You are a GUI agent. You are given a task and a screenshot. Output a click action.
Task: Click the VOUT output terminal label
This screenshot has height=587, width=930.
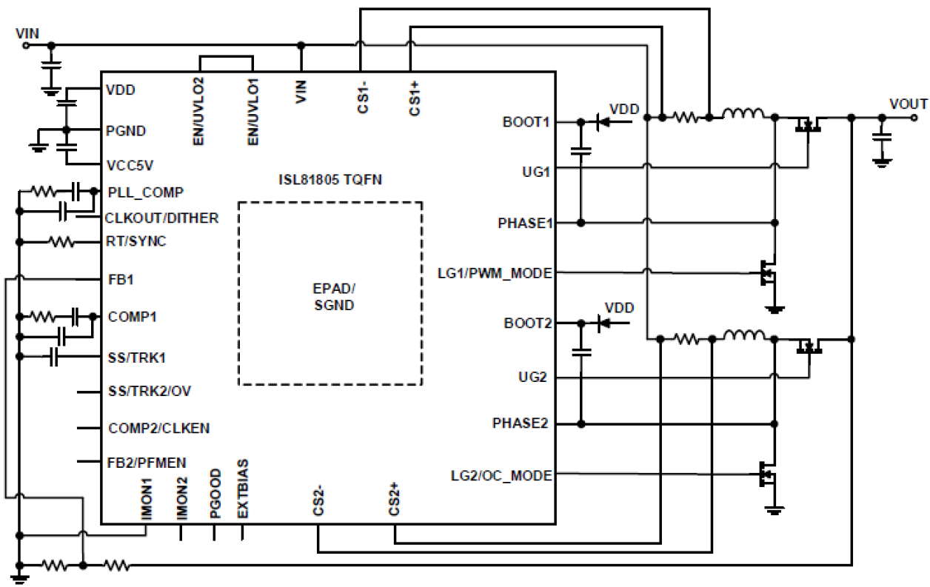908,104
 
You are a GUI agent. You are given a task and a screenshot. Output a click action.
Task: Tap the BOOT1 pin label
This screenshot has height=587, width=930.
527,121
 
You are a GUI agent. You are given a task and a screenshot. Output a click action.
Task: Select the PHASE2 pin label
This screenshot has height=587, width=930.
522,423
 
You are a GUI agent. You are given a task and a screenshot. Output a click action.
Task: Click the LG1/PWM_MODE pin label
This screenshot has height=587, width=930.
495,273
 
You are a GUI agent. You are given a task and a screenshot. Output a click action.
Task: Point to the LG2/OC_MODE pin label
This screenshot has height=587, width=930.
501,474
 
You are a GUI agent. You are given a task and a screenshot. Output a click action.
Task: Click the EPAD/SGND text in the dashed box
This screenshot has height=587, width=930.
329,295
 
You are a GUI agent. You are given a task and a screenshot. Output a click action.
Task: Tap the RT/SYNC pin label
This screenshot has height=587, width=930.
137,241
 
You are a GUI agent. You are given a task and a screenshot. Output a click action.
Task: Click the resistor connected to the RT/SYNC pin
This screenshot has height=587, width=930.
60,241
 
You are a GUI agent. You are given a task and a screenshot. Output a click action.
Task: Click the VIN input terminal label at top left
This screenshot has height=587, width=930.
27,33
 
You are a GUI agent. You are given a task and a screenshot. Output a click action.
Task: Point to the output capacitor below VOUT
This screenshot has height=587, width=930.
881,136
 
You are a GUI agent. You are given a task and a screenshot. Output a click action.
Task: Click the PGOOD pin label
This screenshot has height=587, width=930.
215,493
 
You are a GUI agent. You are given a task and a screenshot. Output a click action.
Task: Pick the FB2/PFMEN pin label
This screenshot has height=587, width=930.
147,462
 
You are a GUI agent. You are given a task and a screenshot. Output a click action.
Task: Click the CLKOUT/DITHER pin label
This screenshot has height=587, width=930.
162,218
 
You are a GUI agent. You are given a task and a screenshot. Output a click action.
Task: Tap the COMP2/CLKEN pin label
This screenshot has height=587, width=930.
158,428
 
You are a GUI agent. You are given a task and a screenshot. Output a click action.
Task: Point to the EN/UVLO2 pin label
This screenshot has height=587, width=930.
199,109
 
